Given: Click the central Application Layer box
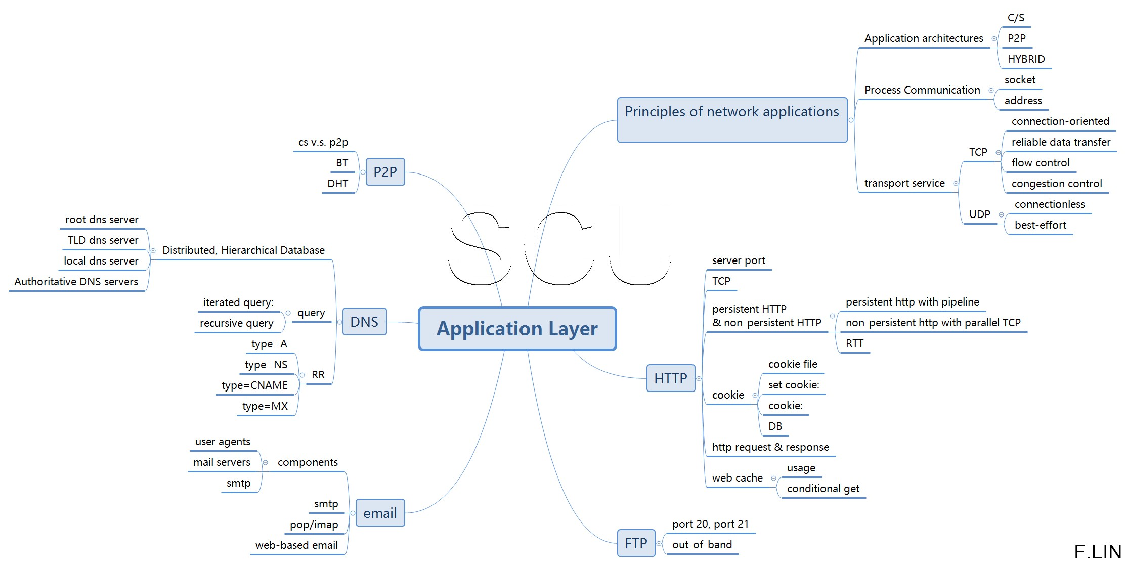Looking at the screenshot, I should point(517,328).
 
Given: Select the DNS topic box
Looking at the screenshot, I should point(364,322).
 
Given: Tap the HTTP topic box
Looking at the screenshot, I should point(670,378).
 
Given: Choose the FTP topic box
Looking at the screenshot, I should point(636,543).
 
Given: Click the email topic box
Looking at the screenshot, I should point(380,513).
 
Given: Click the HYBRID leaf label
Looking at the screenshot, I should point(1026,59).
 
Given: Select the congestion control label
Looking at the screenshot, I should point(1056,184).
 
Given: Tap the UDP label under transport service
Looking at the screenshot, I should point(979,214).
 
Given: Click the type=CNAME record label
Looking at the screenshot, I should point(254,385).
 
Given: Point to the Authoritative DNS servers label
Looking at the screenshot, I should point(76,282).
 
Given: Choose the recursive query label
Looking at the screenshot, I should point(236,323).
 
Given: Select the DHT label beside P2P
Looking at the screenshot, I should point(337,184).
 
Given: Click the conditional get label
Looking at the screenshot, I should point(823,489).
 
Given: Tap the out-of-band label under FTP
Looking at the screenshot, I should point(702,545).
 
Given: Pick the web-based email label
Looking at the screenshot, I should point(296,545).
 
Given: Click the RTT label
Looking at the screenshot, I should point(854,343).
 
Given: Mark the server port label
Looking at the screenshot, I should point(739,260).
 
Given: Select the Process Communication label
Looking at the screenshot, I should point(922,90).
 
